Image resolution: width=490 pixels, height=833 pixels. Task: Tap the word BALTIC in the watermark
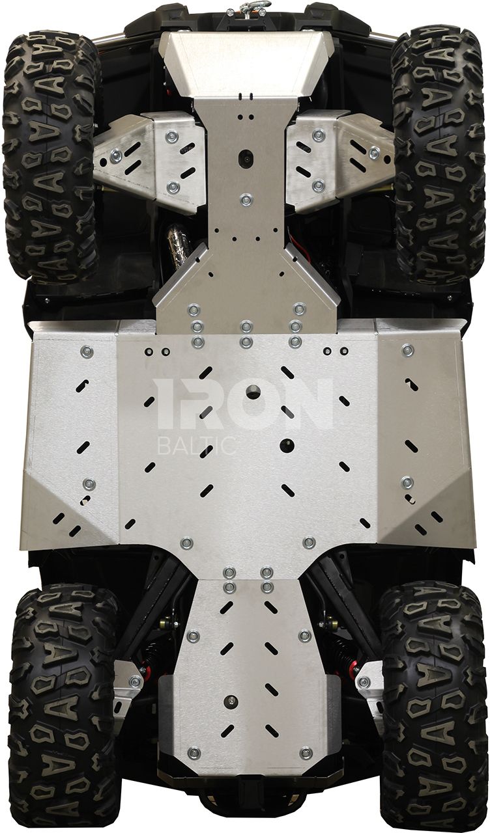(x=197, y=446)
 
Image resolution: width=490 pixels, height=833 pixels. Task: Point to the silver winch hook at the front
(x=246, y=7)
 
